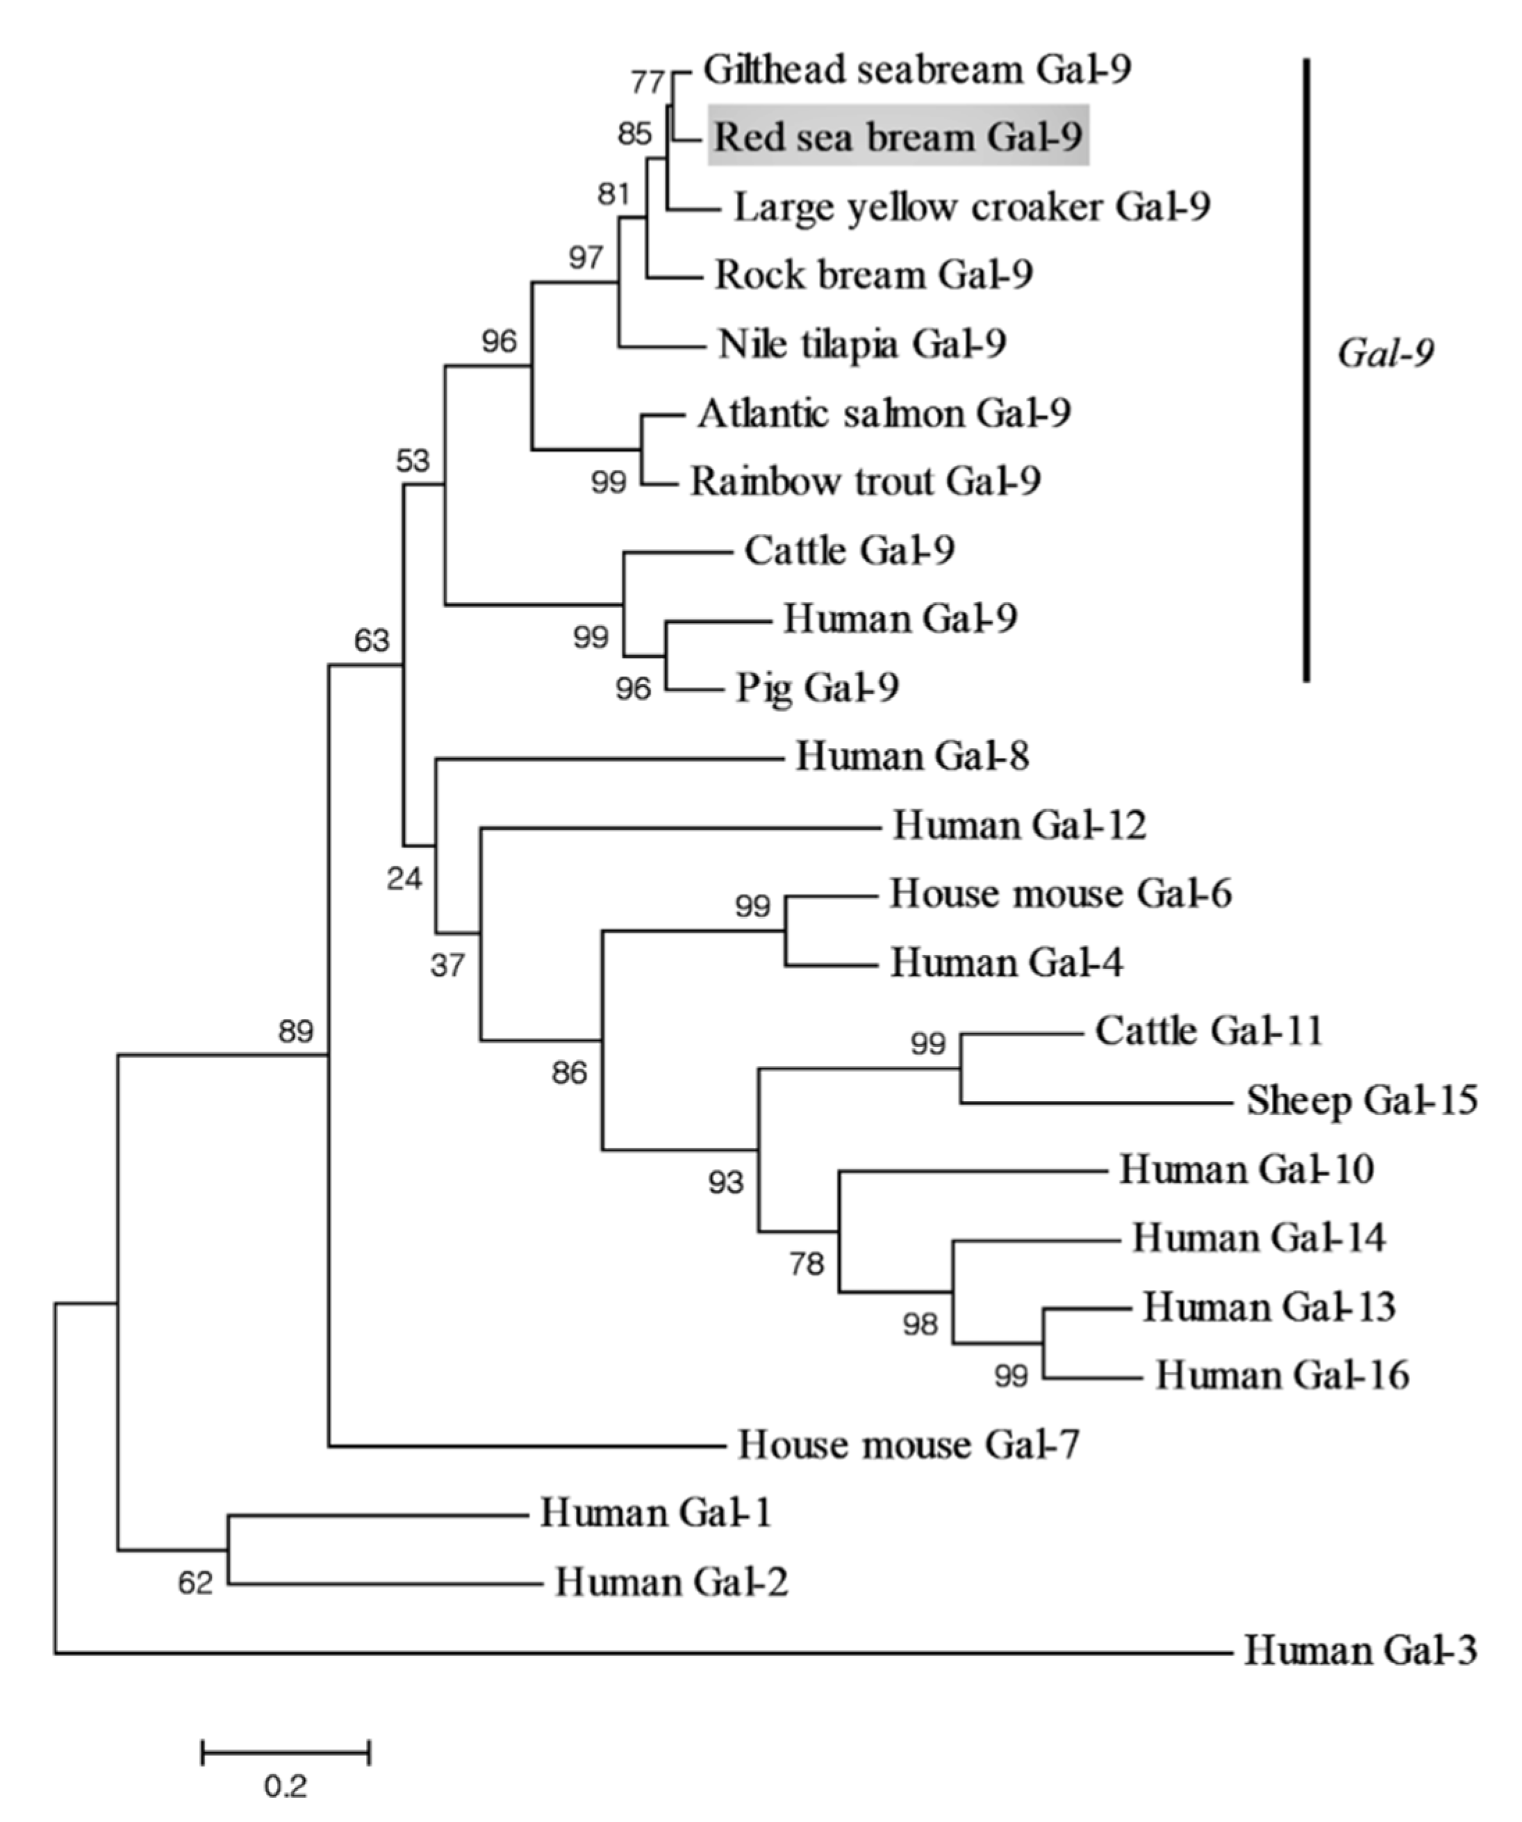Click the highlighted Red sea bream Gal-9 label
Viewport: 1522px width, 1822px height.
(x=898, y=136)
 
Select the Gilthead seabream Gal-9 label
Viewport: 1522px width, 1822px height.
(x=917, y=69)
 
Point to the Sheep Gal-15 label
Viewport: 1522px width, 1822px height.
(x=1362, y=1100)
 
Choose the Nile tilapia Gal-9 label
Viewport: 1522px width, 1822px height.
(x=861, y=344)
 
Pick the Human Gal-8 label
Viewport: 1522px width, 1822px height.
(x=912, y=756)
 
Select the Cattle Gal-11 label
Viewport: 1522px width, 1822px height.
(x=1209, y=1031)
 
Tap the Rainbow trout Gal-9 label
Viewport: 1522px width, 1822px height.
(x=865, y=481)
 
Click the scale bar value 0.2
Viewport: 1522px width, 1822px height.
(x=286, y=1786)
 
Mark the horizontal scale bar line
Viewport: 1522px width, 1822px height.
(x=286, y=1752)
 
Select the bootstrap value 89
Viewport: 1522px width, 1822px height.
(x=296, y=1032)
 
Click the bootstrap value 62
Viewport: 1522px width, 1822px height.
(x=195, y=1584)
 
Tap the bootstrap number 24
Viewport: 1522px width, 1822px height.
(x=404, y=879)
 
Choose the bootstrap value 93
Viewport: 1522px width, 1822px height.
(x=725, y=1182)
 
